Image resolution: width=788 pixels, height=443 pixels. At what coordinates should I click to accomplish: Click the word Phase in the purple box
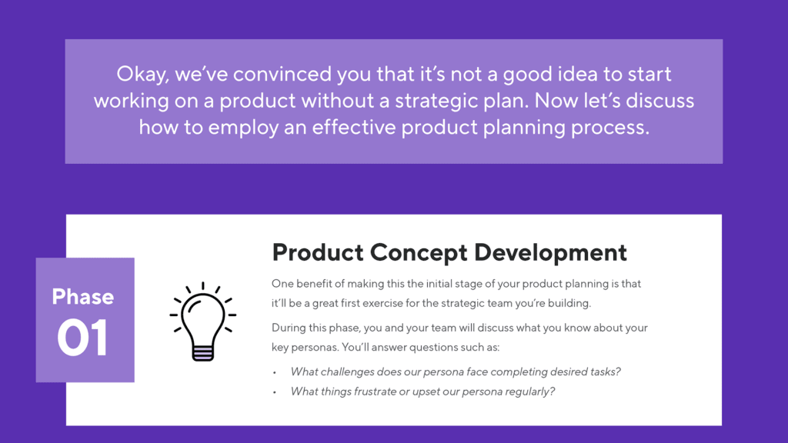(83, 297)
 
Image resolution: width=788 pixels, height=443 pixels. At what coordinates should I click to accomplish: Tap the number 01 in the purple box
(83, 338)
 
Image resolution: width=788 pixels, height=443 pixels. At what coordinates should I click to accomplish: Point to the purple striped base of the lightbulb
(203, 351)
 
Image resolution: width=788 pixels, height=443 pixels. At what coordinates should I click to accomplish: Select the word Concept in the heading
(419, 252)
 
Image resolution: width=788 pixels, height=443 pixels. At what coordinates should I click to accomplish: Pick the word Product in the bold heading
(317, 252)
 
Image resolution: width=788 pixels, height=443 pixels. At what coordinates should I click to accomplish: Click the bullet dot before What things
(275, 392)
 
